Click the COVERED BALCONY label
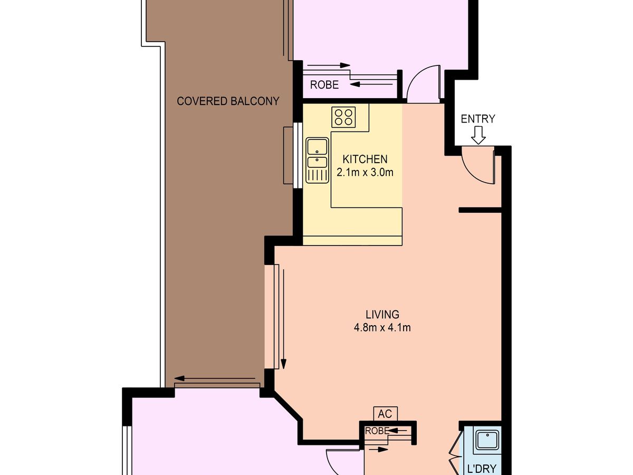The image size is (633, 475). pos(228,101)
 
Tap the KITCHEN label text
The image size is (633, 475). pos(365,159)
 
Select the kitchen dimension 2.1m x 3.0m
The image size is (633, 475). pos(365,172)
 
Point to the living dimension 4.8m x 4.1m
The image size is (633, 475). pos(382,328)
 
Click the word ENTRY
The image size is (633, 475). pos(478,119)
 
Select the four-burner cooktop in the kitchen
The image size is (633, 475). pos(343,117)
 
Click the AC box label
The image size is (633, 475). pos(385,413)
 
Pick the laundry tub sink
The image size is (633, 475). pos(487,441)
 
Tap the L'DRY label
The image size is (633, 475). pos(482,468)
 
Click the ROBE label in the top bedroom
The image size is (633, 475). pos(324,85)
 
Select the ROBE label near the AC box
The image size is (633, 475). pos(377,430)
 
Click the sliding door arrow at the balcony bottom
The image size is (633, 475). pos(216,378)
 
